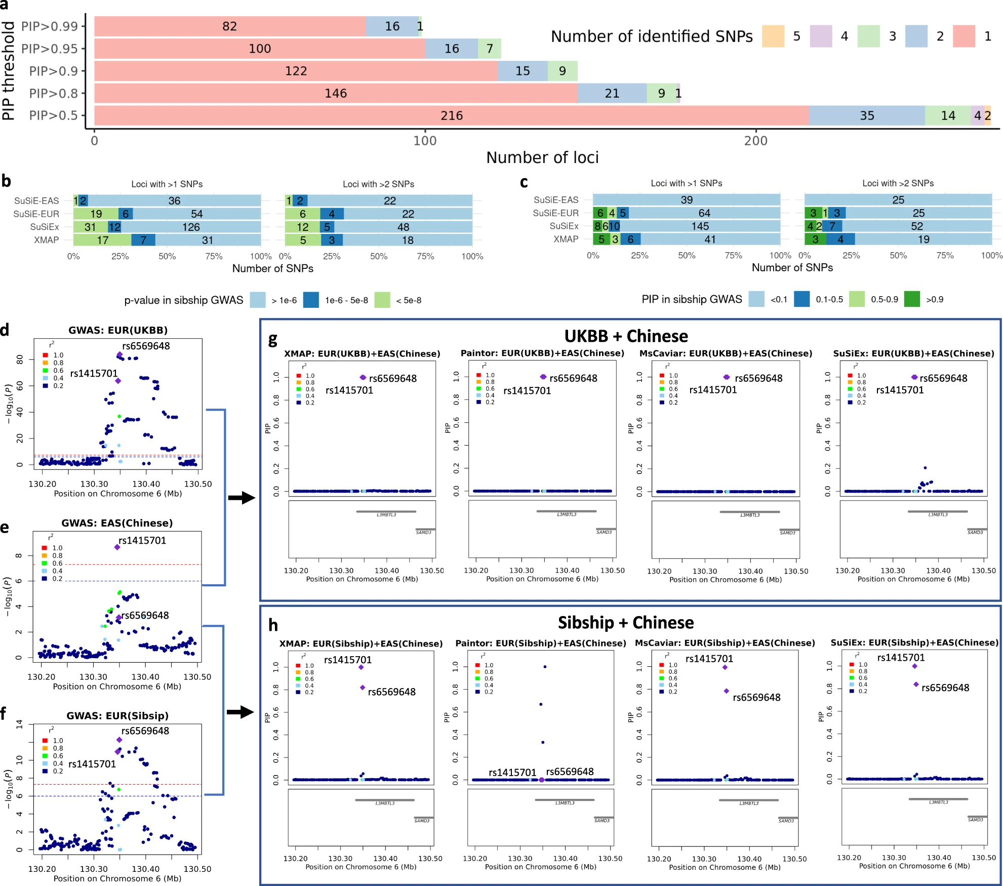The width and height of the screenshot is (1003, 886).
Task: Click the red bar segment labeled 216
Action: click(451, 115)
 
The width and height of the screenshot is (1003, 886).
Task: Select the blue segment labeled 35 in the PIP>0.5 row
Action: click(866, 115)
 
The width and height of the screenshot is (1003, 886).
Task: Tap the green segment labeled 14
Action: click(947, 115)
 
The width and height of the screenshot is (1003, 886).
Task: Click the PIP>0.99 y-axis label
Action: click(50, 26)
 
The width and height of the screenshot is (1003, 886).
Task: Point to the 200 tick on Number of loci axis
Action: click(755, 140)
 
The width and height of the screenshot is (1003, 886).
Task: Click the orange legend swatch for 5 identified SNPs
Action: click(773, 36)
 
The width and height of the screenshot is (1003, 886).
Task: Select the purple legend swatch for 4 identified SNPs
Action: click(821, 36)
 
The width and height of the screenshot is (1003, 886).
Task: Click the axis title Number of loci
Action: click(542, 157)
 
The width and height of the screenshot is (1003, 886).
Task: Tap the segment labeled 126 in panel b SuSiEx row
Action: click(191, 227)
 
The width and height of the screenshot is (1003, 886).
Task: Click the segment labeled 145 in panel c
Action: click(700, 226)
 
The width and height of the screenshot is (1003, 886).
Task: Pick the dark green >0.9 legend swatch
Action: click(911, 299)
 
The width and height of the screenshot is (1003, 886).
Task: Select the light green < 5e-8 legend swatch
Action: click(382, 300)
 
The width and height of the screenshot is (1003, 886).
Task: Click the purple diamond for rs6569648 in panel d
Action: click(119, 355)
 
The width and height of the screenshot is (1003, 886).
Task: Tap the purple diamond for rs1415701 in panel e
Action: click(117, 547)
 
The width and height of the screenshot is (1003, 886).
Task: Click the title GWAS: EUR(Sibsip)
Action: click(117, 715)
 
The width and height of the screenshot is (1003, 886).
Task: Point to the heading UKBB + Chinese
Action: click(626, 336)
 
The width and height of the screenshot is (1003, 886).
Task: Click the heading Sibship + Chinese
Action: click(626, 622)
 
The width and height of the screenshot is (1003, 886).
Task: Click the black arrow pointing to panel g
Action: click(242, 498)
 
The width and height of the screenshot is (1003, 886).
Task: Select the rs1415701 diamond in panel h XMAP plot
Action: click(361, 667)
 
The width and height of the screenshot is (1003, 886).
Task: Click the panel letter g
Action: click(272, 340)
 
